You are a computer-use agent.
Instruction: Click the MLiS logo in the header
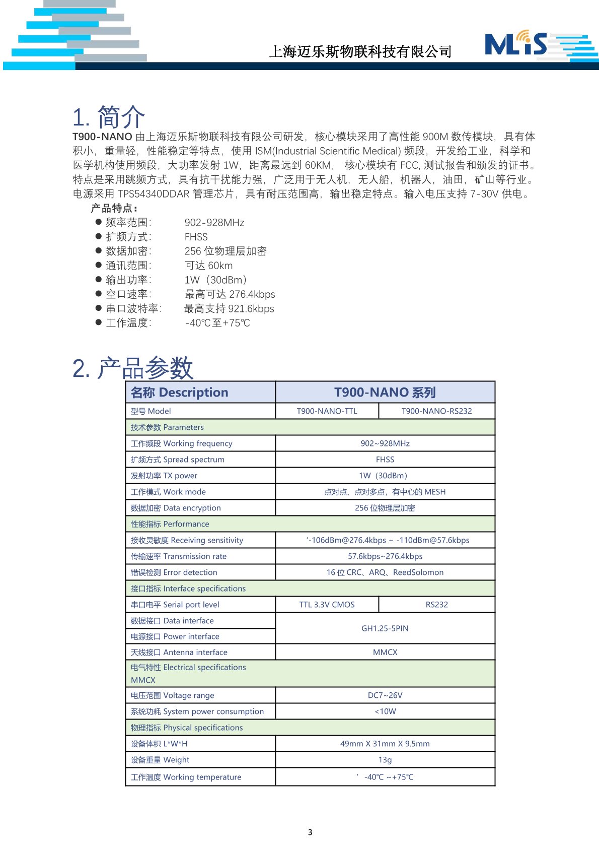[516, 44]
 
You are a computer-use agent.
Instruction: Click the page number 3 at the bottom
[310, 832]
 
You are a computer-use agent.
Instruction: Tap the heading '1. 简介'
[109, 117]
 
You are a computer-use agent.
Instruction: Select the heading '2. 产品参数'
[133, 368]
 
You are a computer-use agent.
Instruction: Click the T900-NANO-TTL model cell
[327, 411]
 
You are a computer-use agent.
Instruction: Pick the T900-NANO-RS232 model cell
[436, 411]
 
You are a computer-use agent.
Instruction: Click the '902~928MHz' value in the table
[385, 443]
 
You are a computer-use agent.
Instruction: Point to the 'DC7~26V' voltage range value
[385, 695]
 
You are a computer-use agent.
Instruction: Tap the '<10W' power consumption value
[385, 711]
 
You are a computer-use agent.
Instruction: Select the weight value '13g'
[385, 760]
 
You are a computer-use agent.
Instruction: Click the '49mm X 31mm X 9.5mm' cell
[385, 744]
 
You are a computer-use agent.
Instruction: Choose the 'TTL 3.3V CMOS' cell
[327, 605]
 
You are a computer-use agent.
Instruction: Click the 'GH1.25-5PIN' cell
[385, 628]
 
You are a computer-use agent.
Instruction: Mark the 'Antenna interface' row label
[179, 653]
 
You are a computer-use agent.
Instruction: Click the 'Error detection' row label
[174, 572]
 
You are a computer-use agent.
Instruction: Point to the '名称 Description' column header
[180, 393]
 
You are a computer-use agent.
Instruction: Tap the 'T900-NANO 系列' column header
[385, 393]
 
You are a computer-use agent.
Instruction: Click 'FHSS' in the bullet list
[196, 237]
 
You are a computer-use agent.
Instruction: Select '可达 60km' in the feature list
[209, 266]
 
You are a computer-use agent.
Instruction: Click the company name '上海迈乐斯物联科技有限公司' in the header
[360, 51]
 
